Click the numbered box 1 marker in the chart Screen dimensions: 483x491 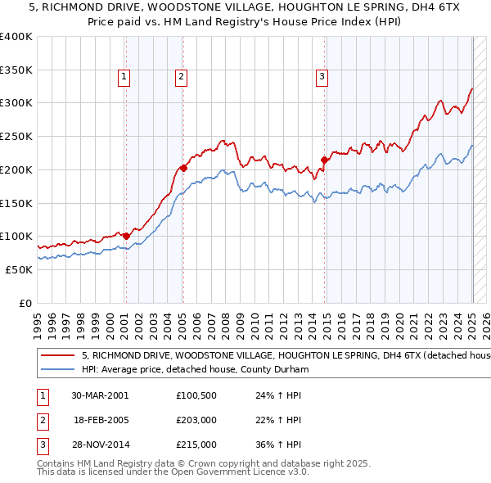coord(124,78)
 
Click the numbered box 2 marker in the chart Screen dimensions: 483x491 coord(180,78)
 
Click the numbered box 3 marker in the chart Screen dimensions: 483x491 coord(322,78)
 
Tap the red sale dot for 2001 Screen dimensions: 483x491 coord(126,236)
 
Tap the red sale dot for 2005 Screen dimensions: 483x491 coord(183,168)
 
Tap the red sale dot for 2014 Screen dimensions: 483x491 coord(325,160)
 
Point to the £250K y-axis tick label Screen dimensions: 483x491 coord(16,136)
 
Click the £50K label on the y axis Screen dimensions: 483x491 coord(20,269)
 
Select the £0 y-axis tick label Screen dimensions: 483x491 coord(26,303)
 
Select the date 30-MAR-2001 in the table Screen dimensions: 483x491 coord(100,395)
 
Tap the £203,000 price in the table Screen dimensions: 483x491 coord(196,420)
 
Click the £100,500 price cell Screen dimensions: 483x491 coord(196,395)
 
